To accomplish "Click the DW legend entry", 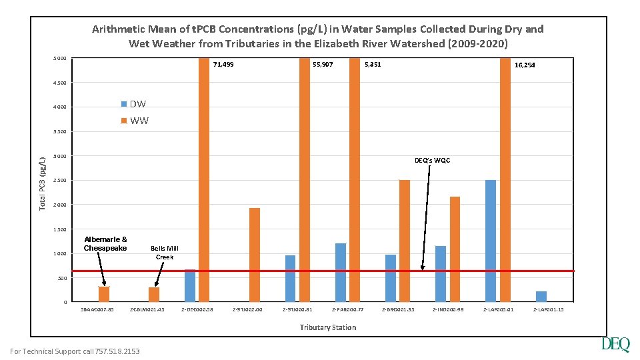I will [x=133, y=104].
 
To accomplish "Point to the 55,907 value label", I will [x=323, y=65].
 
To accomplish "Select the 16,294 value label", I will [x=525, y=65].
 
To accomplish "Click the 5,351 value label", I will [x=373, y=65].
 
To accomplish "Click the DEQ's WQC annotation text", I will [x=432, y=160].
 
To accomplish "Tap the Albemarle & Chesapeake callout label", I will [x=105, y=244].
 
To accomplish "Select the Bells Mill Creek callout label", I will [x=164, y=253].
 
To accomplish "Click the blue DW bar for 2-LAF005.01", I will [x=491, y=241].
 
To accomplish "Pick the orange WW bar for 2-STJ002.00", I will [x=254, y=255].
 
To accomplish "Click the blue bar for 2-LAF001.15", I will [x=541, y=297].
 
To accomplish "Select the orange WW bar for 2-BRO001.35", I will [x=405, y=241].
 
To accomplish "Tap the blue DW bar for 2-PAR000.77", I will [x=340, y=272].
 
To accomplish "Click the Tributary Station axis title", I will [x=327, y=327].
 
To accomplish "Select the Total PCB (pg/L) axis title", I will [x=42, y=183].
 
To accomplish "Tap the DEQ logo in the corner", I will [x=615, y=344].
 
